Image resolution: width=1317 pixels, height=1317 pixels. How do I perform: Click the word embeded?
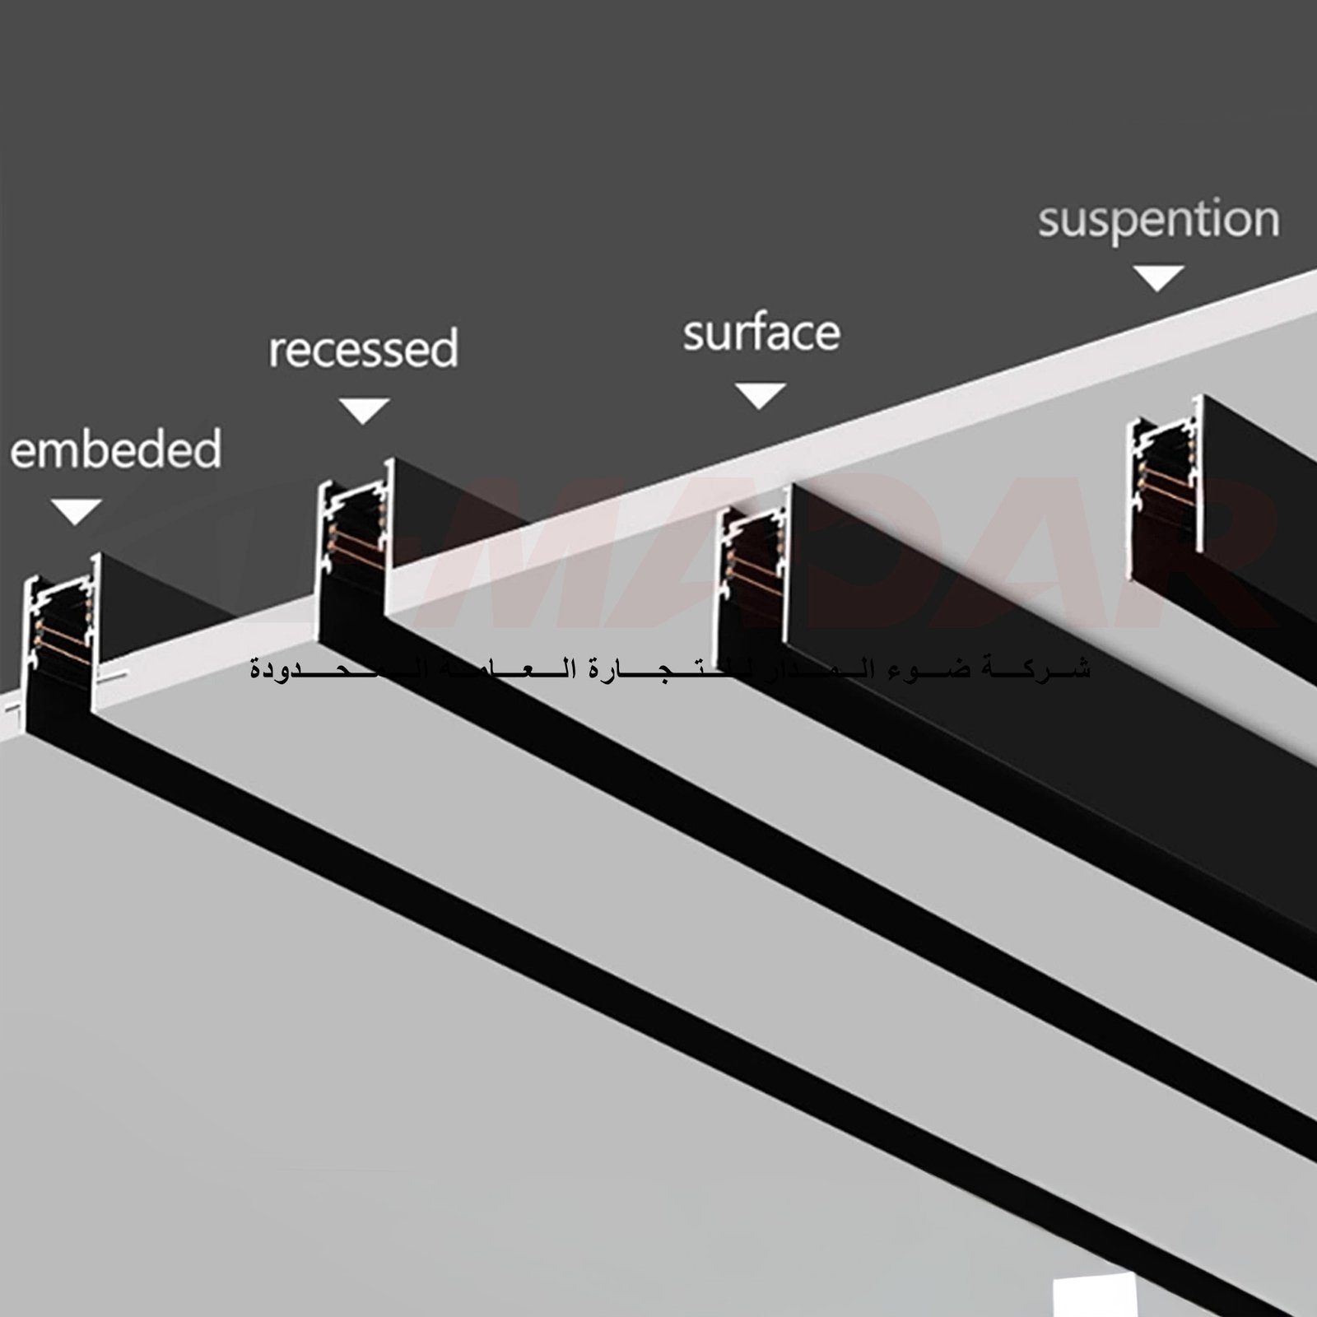115,449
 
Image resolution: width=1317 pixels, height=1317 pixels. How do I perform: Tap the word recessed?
363,349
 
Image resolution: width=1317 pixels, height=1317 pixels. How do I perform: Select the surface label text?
761,333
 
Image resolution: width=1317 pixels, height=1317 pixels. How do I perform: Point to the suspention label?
1158,220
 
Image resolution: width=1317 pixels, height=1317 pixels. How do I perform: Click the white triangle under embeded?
76,510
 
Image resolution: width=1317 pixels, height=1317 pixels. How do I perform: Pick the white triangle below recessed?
364,410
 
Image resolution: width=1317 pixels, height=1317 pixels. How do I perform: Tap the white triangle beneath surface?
760,395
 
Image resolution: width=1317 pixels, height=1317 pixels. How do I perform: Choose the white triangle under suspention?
1158,278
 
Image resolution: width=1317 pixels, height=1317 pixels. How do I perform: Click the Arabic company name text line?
670,668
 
